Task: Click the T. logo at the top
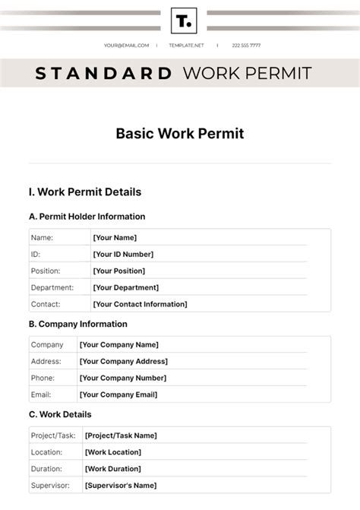pyautogui.click(x=184, y=21)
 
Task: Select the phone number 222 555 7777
pyautogui.click(x=246, y=46)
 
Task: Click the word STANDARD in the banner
pyautogui.click(x=103, y=74)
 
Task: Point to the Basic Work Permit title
pyautogui.click(x=180, y=134)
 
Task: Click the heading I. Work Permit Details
pyautogui.click(x=85, y=192)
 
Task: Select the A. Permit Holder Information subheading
pyautogui.click(x=87, y=217)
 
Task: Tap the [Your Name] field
pyautogui.click(x=115, y=238)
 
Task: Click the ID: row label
pyautogui.click(x=36, y=255)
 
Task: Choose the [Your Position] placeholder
pyautogui.click(x=119, y=271)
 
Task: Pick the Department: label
pyautogui.click(x=52, y=288)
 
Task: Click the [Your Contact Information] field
pyautogui.click(x=140, y=305)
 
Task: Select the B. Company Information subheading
pyautogui.click(x=78, y=324)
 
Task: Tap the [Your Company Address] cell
pyautogui.click(x=124, y=362)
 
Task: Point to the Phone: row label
pyautogui.click(x=43, y=379)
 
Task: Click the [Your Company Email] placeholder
pyautogui.click(x=118, y=395)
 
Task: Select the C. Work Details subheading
pyautogui.click(x=60, y=414)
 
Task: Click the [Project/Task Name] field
pyautogui.click(x=122, y=436)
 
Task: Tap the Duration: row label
pyautogui.click(x=47, y=469)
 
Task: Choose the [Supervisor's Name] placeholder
pyautogui.click(x=121, y=486)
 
